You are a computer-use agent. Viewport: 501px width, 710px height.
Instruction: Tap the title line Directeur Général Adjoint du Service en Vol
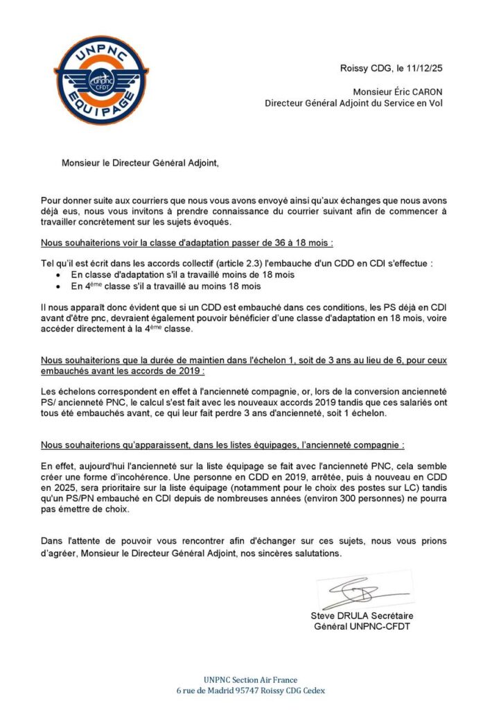click(353, 103)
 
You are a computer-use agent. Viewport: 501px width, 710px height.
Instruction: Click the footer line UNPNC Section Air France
click(250, 680)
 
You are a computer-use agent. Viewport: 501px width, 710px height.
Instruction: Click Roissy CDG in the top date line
click(364, 68)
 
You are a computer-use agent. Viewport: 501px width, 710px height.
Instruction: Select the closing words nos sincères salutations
click(290, 555)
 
